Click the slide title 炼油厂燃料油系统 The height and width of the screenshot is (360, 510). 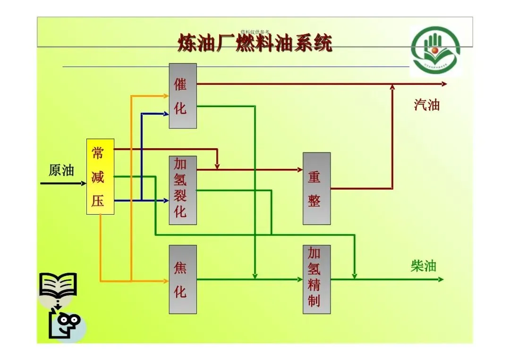(x=255, y=43)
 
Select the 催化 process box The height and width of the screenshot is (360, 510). (x=183, y=96)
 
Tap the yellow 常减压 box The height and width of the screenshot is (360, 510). (x=100, y=176)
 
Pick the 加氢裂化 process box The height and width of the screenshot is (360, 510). (x=183, y=190)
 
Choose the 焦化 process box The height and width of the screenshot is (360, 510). (x=183, y=279)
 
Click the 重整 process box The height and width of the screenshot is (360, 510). (x=316, y=188)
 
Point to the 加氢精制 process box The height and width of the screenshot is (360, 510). (x=316, y=279)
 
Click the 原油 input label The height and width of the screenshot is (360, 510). (x=61, y=170)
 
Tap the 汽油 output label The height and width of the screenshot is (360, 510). (x=426, y=105)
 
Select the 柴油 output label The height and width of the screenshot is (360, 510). (x=424, y=266)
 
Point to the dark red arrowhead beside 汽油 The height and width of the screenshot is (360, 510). (x=444, y=84)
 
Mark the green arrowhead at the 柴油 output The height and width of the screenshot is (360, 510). (x=441, y=279)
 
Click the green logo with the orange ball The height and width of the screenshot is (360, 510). (x=434, y=50)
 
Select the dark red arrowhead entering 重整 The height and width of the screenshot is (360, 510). (x=300, y=169)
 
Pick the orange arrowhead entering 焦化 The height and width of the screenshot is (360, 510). (x=166, y=281)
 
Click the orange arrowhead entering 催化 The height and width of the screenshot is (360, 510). (x=166, y=96)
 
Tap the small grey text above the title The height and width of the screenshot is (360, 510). (x=255, y=32)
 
